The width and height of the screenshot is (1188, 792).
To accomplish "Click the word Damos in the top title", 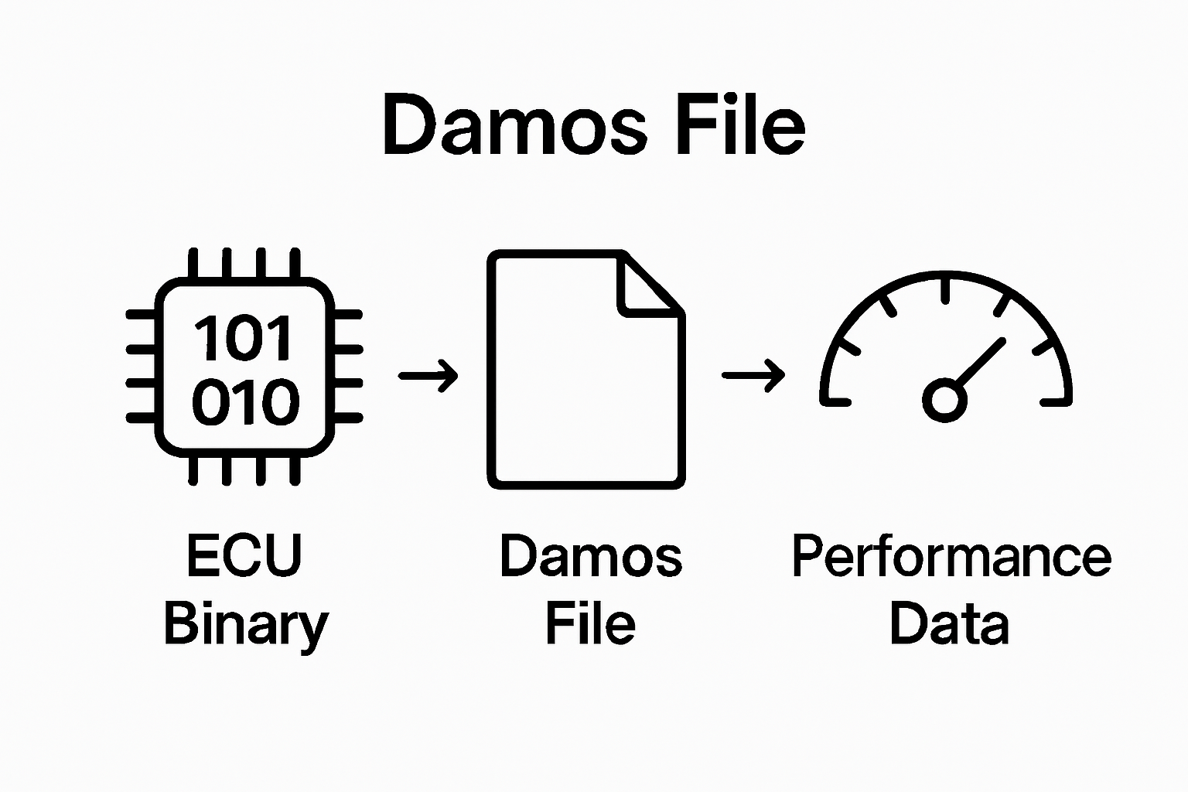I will click(x=514, y=126).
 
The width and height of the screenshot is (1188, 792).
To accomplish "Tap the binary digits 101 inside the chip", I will click(x=244, y=339).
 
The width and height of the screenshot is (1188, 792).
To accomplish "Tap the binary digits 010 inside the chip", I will click(x=244, y=402).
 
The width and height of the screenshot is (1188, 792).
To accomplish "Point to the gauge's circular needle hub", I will click(x=944, y=400).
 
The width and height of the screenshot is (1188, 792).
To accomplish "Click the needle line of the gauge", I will click(x=979, y=364).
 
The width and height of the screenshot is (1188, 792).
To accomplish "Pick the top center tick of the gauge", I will click(x=945, y=289).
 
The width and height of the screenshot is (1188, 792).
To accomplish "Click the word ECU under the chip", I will click(x=244, y=555).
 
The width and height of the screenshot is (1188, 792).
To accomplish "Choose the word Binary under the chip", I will click(x=246, y=625).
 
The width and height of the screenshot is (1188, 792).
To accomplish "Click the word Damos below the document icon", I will click(x=591, y=555).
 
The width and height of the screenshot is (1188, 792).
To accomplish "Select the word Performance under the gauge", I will click(x=951, y=555).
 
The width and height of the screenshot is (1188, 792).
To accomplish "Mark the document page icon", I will click(x=585, y=370).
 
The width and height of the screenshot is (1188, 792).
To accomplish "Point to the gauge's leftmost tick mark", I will click(x=835, y=401).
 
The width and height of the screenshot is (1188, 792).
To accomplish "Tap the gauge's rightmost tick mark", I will click(x=1056, y=401).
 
